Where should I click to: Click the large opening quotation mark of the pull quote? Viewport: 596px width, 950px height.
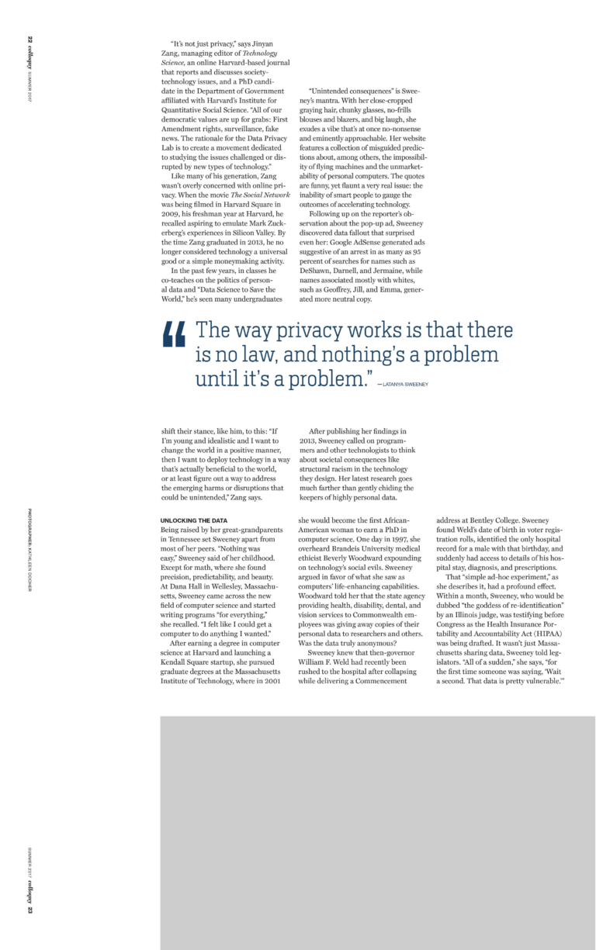point(175,336)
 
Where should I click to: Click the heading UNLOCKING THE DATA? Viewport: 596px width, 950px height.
point(193,520)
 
